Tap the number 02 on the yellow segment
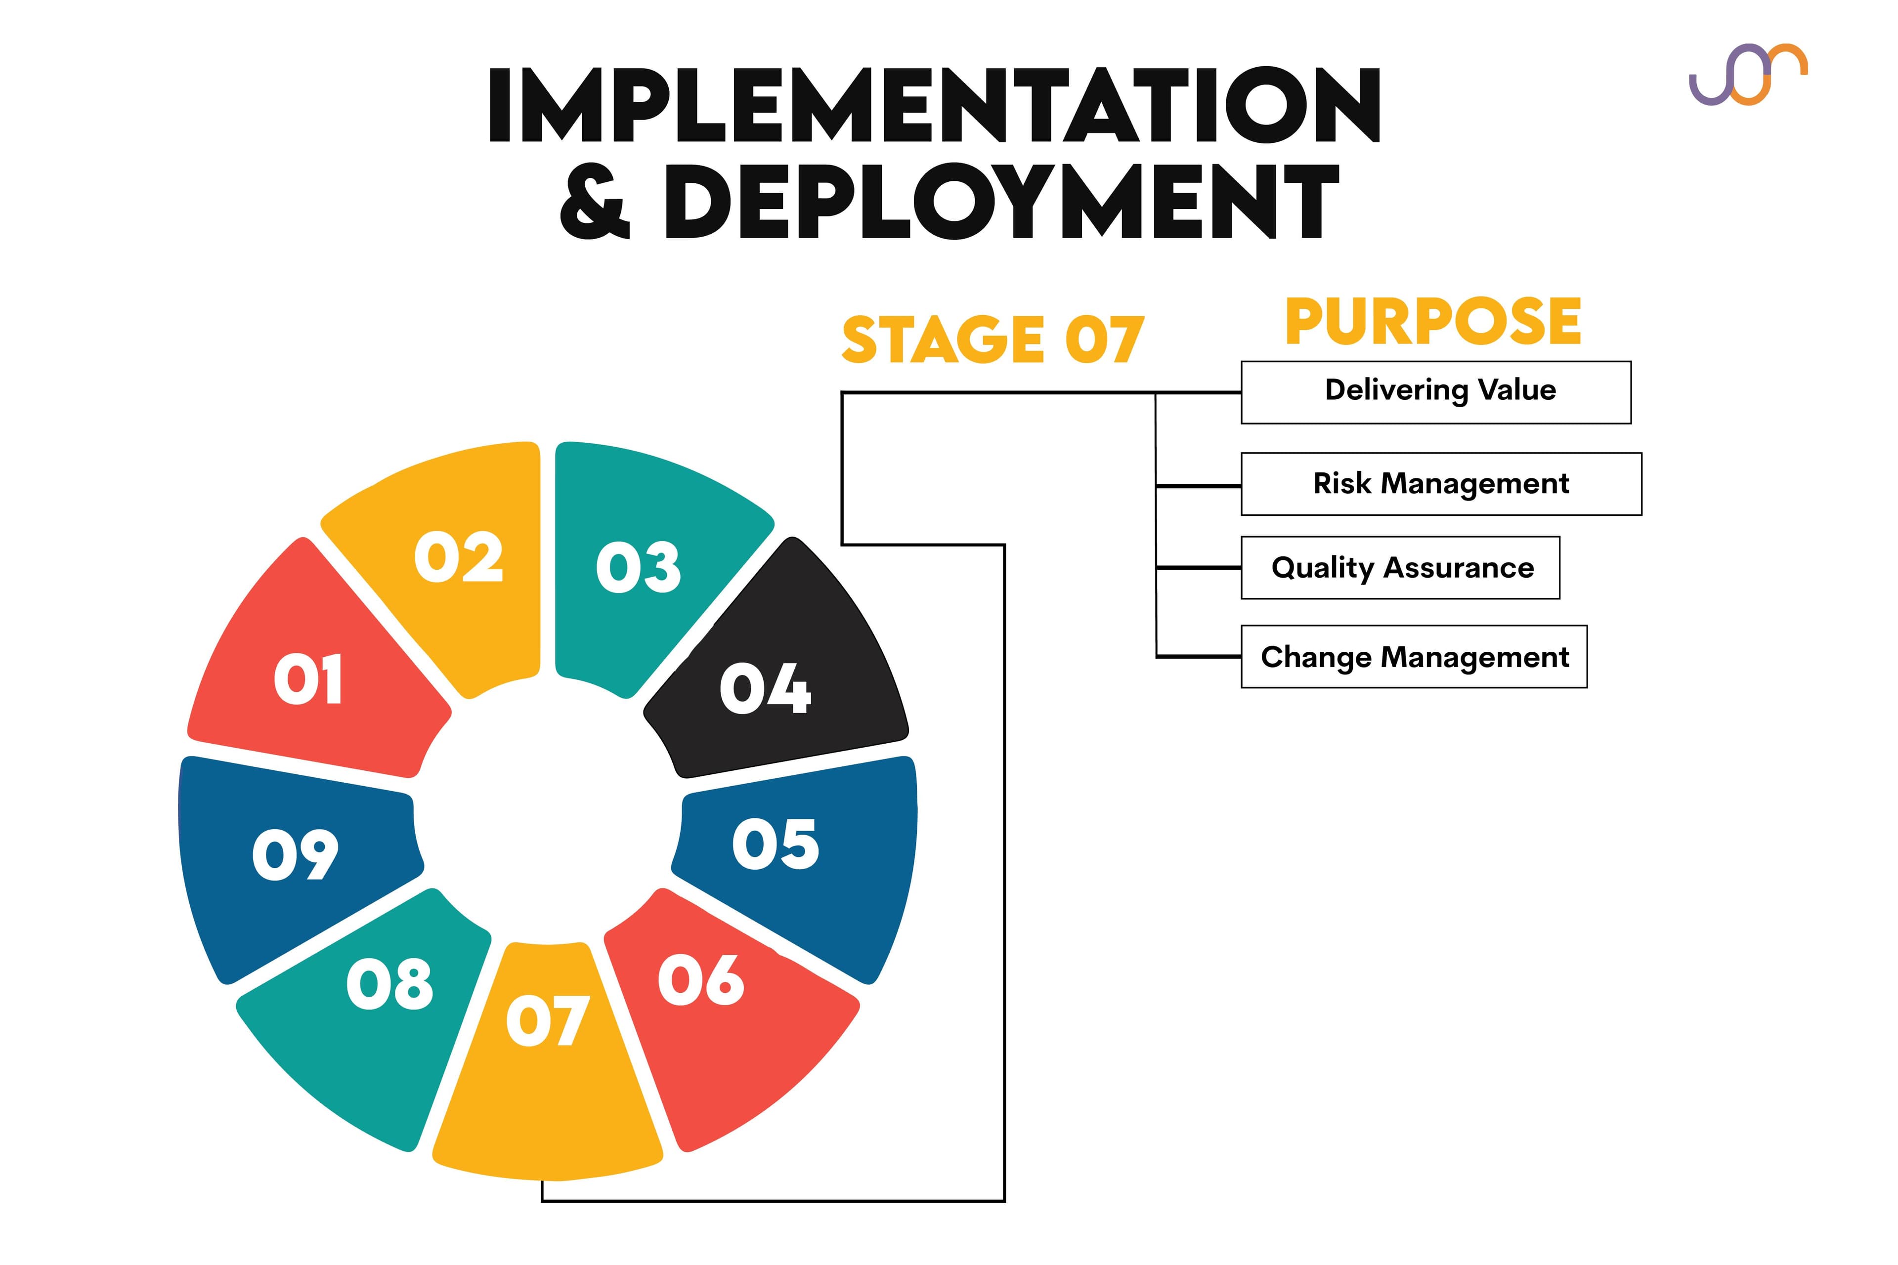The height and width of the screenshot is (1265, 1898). point(458,557)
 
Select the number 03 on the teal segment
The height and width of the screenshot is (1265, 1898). point(638,567)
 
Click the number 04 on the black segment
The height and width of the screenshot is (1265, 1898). point(765,688)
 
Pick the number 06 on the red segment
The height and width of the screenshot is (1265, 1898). point(700,980)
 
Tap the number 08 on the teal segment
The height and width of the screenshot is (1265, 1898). point(390,984)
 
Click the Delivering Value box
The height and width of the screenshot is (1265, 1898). point(1435,392)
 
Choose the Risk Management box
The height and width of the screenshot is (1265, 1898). point(1441,484)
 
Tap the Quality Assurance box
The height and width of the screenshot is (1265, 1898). point(1400,568)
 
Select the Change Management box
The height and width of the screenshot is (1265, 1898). point(1414,657)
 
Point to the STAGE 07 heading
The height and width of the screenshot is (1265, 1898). point(992,339)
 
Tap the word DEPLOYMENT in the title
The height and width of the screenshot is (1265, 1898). point(1000,202)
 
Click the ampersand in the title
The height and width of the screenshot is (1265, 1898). point(595,202)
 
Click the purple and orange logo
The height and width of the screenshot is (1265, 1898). point(1748,74)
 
